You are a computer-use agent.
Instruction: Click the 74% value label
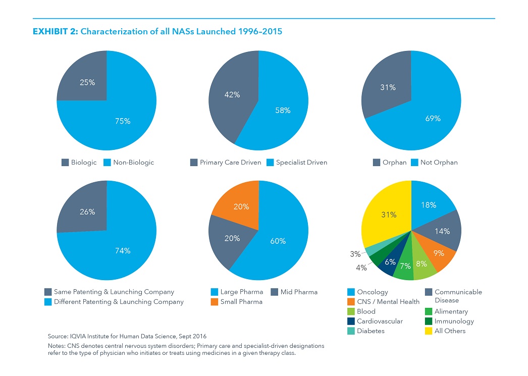click(123, 251)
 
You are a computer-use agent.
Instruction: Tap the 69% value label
click(433, 119)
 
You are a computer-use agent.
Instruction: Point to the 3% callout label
click(355, 254)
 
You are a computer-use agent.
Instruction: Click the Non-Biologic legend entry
click(129, 163)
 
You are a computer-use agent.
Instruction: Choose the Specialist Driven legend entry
click(297, 163)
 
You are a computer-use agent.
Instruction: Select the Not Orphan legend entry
click(435, 163)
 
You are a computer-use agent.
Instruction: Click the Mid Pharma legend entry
click(294, 292)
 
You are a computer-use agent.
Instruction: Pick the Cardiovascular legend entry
click(375, 321)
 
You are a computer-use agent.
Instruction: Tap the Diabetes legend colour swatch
click(351, 331)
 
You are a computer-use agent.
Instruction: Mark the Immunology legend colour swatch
click(429, 321)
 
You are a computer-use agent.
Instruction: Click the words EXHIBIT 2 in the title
click(55, 32)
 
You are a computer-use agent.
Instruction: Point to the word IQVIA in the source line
click(78, 336)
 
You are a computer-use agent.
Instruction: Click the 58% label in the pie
click(283, 111)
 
